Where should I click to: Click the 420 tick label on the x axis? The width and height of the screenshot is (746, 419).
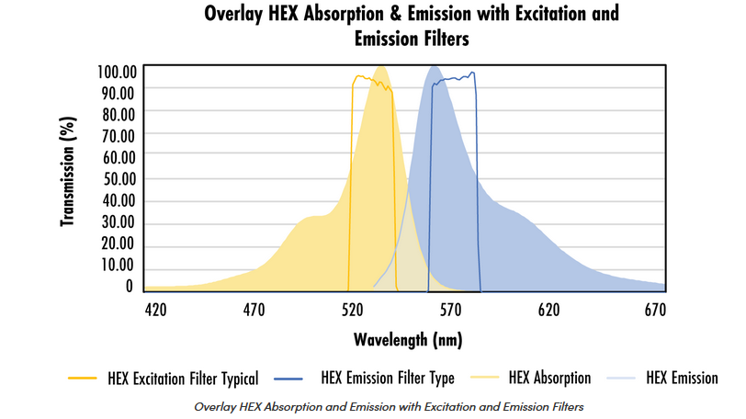[x=155, y=310]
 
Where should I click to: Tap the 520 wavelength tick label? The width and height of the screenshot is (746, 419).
[x=352, y=310]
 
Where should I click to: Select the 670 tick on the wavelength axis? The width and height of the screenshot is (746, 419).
[x=655, y=310]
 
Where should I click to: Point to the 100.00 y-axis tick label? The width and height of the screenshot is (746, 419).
[x=117, y=72]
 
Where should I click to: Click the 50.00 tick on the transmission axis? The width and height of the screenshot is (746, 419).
[x=119, y=179]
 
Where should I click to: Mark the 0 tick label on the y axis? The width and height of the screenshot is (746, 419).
[x=130, y=287]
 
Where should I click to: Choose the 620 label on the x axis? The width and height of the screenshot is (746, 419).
[x=548, y=310]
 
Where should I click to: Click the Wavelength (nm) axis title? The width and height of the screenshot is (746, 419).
[x=408, y=340]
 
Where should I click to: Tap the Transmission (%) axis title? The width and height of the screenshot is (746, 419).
[x=68, y=172]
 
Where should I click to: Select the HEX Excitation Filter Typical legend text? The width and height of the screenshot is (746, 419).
[x=183, y=379]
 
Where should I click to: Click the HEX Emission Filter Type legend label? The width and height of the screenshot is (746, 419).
[x=388, y=378]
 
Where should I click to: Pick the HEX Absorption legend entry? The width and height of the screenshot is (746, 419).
[x=549, y=378]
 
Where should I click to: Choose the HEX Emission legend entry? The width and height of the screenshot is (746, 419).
[x=682, y=378]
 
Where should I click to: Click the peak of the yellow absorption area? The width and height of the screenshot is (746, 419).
[x=380, y=67]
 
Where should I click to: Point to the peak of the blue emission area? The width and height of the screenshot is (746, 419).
[x=434, y=67]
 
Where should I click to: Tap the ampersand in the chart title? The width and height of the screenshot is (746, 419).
[x=396, y=14]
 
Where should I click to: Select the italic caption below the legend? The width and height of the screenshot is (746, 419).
[x=389, y=407]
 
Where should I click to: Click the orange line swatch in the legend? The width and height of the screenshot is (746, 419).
[x=83, y=379]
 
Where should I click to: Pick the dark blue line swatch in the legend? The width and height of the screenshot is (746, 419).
[x=288, y=379]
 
